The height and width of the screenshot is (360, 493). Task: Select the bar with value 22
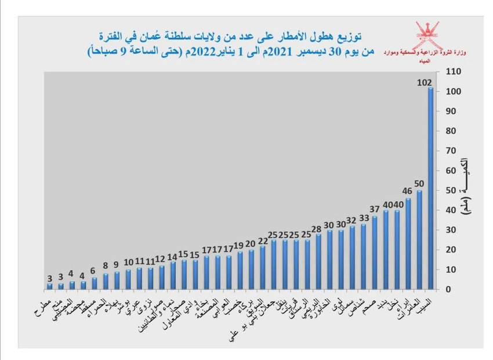click(262, 267)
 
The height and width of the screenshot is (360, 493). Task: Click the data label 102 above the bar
click(425, 82)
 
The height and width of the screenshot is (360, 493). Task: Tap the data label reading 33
click(364, 218)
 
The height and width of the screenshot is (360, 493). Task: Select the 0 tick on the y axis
click(446, 289)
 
